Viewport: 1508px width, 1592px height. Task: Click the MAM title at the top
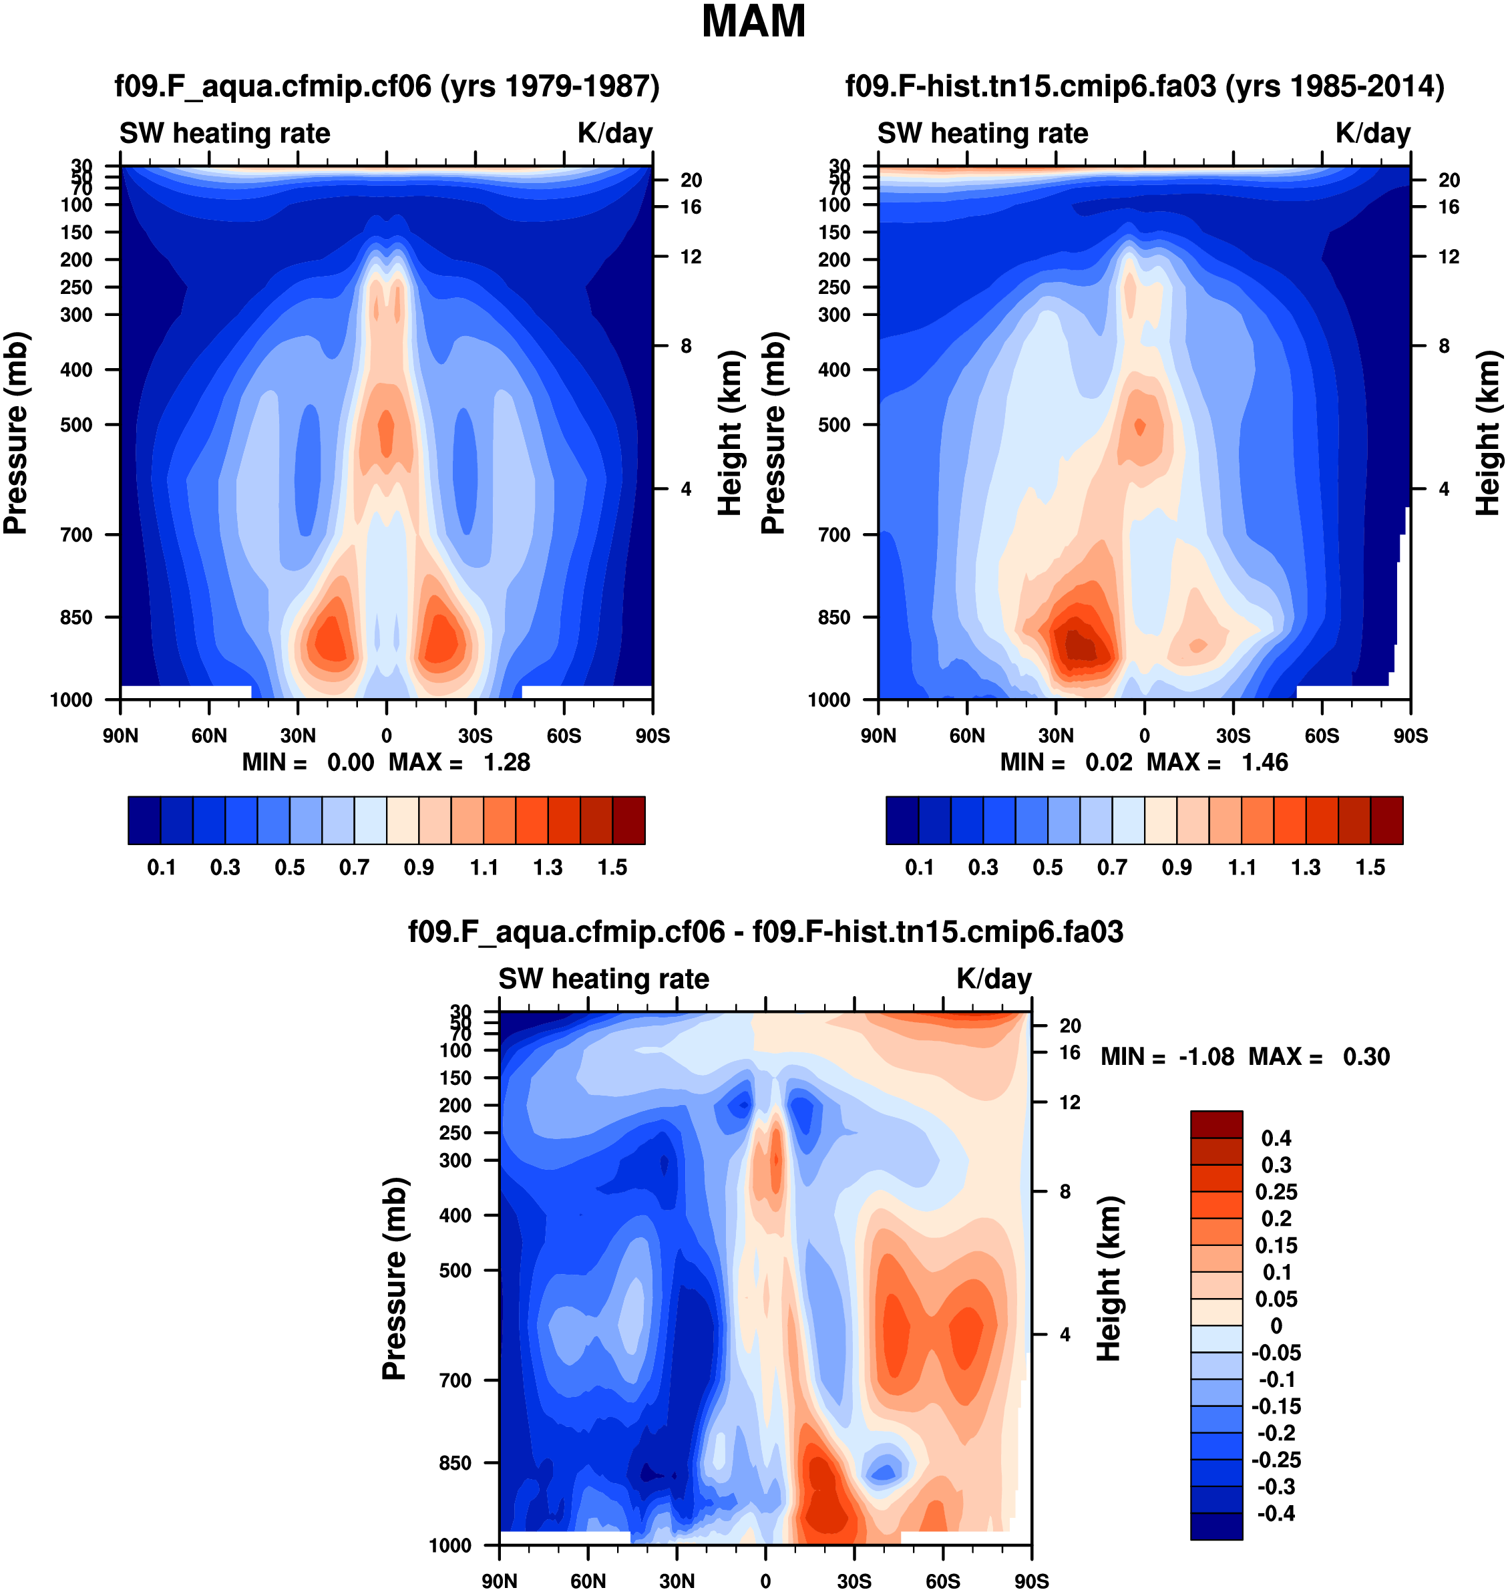753,21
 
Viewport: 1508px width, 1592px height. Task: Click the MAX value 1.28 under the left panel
506,762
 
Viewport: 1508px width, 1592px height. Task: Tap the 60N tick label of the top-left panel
209,736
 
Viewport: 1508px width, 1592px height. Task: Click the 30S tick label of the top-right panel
1233,736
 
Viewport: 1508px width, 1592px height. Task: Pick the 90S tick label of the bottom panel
1031,1581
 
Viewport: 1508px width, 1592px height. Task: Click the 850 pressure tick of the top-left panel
76,617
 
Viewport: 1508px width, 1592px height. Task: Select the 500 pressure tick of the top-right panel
834,424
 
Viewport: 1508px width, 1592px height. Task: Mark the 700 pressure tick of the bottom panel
455,1380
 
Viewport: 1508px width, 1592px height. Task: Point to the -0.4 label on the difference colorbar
1276,1514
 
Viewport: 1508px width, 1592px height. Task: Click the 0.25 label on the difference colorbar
1276,1192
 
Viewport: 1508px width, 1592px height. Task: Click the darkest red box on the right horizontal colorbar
1386,820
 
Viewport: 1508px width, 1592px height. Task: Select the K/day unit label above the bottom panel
994,979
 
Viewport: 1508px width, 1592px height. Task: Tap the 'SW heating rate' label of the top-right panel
982,133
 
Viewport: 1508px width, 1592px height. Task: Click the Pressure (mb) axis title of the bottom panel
395,1279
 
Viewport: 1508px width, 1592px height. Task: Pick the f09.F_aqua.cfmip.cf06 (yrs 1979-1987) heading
387,86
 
